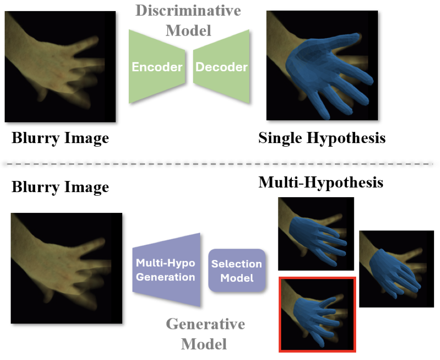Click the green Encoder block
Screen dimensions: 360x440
point(157,67)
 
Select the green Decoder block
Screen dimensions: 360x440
point(221,67)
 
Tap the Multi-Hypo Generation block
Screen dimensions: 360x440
point(166,270)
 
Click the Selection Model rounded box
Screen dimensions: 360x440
point(237,271)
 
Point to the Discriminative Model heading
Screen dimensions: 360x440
point(188,21)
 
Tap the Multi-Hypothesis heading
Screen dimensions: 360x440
point(321,182)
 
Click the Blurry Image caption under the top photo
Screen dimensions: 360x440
point(60,138)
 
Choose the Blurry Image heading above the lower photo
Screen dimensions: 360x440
point(60,187)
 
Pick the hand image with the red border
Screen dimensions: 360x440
point(317,314)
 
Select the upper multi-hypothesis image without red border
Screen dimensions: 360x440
point(316,234)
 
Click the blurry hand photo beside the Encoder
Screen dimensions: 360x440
point(60,67)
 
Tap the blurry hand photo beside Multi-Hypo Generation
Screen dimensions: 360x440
point(67,268)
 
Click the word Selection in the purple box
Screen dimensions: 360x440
point(237,264)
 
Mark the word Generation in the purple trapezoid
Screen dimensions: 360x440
point(166,278)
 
